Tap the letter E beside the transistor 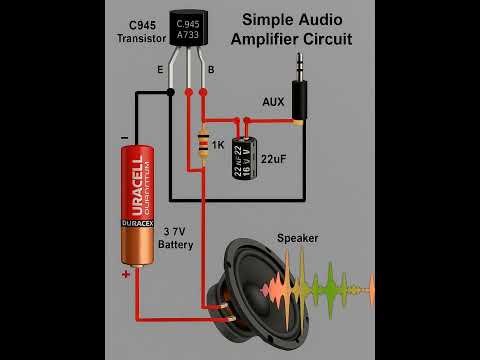[x=160, y=70]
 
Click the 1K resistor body [x=204, y=145]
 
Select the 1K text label [x=218, y=146]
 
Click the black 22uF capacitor [x=244, y=158]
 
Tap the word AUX [x=273, y=102]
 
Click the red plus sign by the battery [x=126, y=272]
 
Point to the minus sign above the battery [x=123, y=138]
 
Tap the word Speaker [x=297, y=238]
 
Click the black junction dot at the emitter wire [x=172, y=92]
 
